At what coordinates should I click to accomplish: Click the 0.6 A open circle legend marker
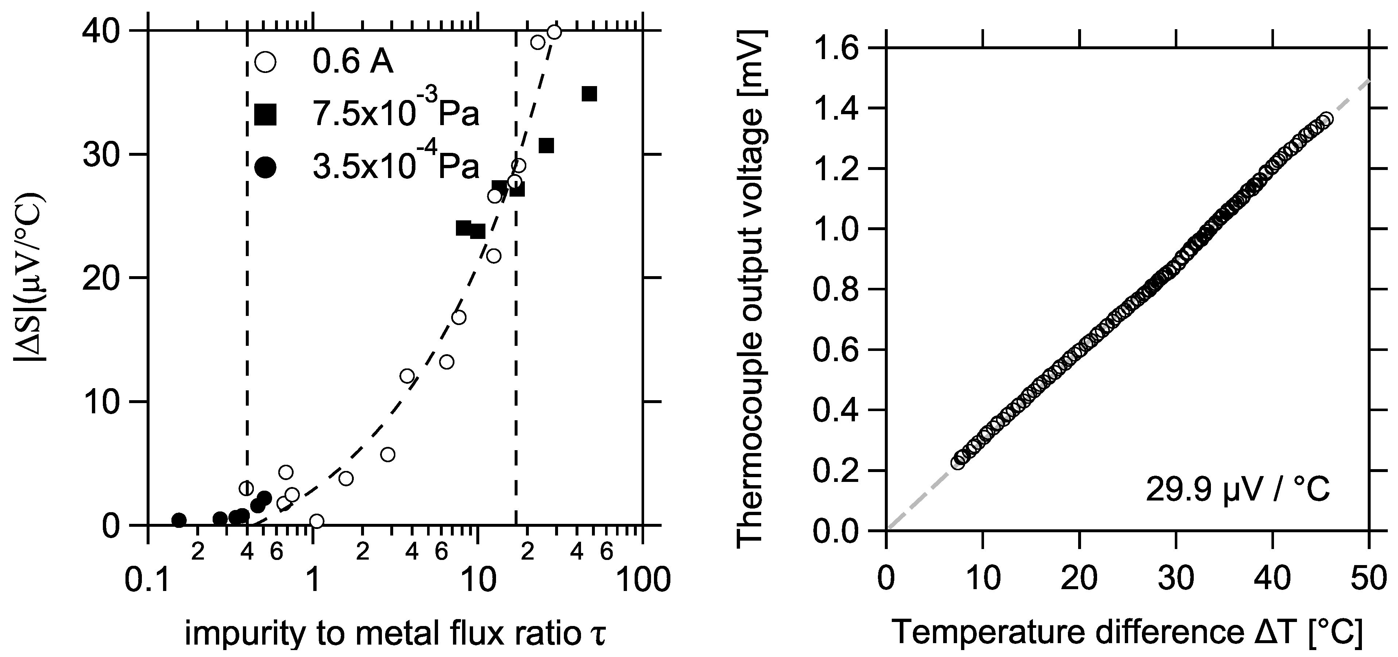tap(266, 62)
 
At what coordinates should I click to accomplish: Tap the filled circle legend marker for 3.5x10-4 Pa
tap(266, 167)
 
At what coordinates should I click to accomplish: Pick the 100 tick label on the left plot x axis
tap(643, 580)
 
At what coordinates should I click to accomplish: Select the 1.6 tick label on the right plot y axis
tap(839, 49)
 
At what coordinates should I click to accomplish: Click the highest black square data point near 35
tap(589, 94)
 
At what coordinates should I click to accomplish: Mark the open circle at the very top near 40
tap(554, 32)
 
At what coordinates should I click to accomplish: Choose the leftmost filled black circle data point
tap(179, 520)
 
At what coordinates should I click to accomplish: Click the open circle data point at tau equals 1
tap(317, 521)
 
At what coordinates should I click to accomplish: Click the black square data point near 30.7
tap(546, 146)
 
